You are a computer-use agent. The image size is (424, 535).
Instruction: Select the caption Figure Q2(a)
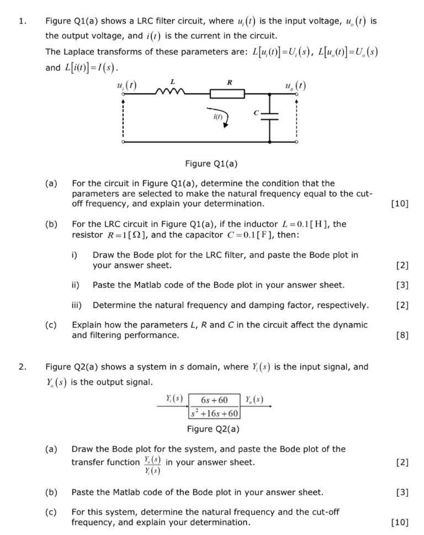click(x=213, y=428)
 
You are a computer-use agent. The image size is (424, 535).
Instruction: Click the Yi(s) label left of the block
click(x=174, y=399)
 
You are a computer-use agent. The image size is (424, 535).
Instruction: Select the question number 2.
click(x=22, y=366)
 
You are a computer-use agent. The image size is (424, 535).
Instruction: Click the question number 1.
click(x=22, y=22)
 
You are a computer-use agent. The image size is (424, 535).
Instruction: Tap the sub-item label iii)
click(x=76, y=305)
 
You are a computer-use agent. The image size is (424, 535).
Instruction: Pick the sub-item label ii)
click(x=76, y=285)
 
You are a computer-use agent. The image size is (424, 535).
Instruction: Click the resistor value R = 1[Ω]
click(x=111, y=235)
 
